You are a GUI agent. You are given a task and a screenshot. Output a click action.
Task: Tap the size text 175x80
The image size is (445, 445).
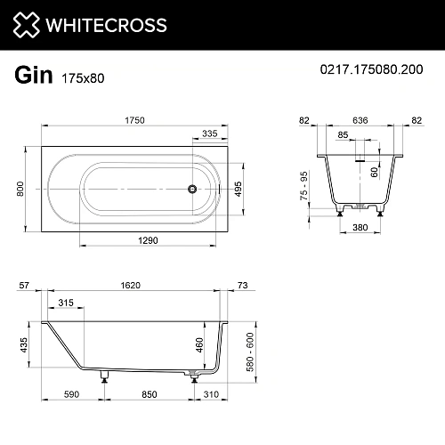click(83, 77)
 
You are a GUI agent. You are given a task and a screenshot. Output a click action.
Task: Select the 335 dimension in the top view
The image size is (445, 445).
click(209, 133)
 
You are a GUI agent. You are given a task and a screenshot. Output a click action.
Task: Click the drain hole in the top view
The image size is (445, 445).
click(190, 189)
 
